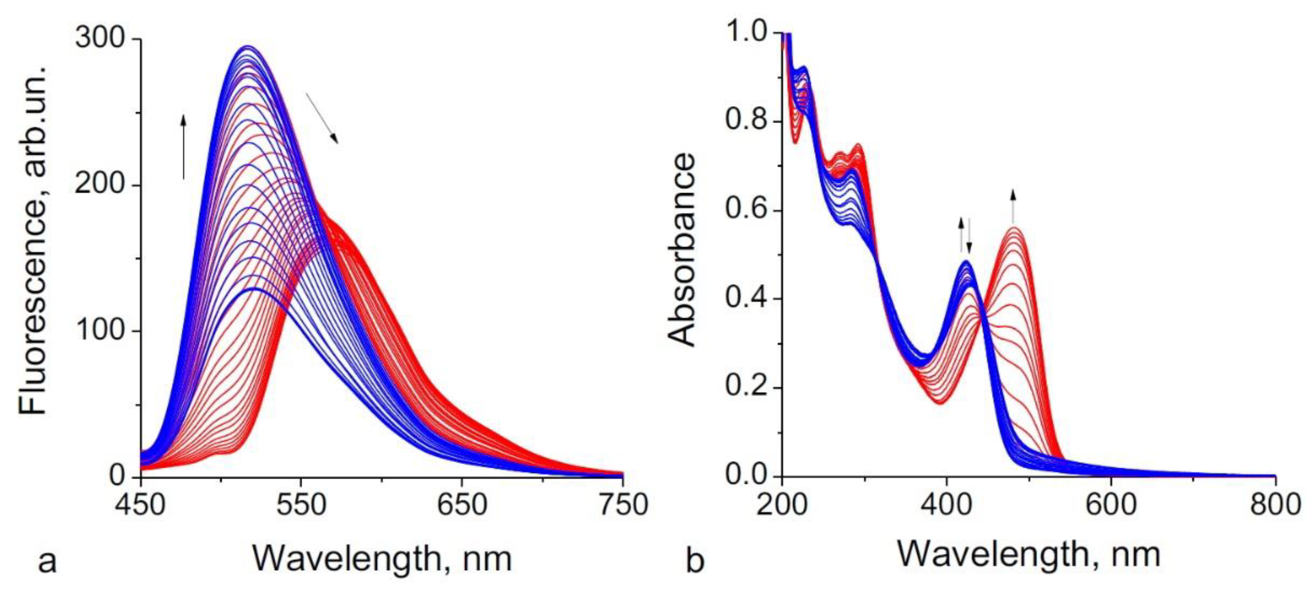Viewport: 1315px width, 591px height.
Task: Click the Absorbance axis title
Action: pos(682,250)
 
